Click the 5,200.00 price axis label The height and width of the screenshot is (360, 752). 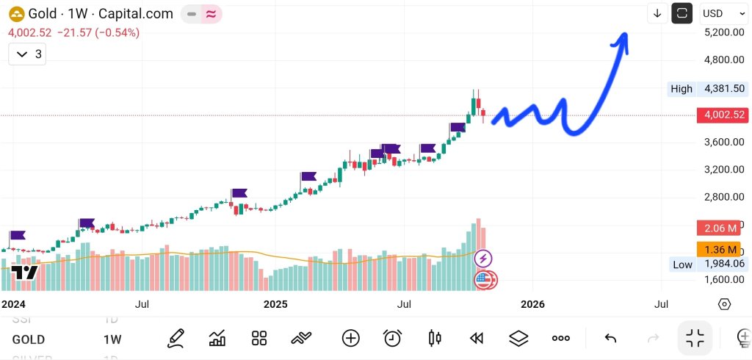(x=724, y=32)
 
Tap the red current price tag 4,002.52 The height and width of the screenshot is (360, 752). (x=724, y=115)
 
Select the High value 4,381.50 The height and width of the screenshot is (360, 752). (x=724, y=88)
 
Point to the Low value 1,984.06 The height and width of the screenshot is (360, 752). (x=724, y=264)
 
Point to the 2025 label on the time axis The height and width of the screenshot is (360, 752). (x=275, y=303)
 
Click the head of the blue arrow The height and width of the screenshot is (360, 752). (x=622, y=38)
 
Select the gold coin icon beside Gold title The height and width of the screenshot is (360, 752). (x=15, y=13)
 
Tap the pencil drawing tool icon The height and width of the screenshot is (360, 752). (x=176, y=338)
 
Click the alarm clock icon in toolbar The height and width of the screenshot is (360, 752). (x=392, y=338)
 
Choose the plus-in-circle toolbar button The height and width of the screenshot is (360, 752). (x=350, y=338)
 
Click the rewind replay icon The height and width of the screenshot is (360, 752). (x=477, y=338)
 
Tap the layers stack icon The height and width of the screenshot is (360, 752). (x=518, y=338)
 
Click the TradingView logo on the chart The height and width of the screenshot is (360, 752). (x=24, y=272)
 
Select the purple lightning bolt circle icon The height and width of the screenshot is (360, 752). (x=483, y=258)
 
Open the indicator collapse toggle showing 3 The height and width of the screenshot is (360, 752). (x=29, y=54)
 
